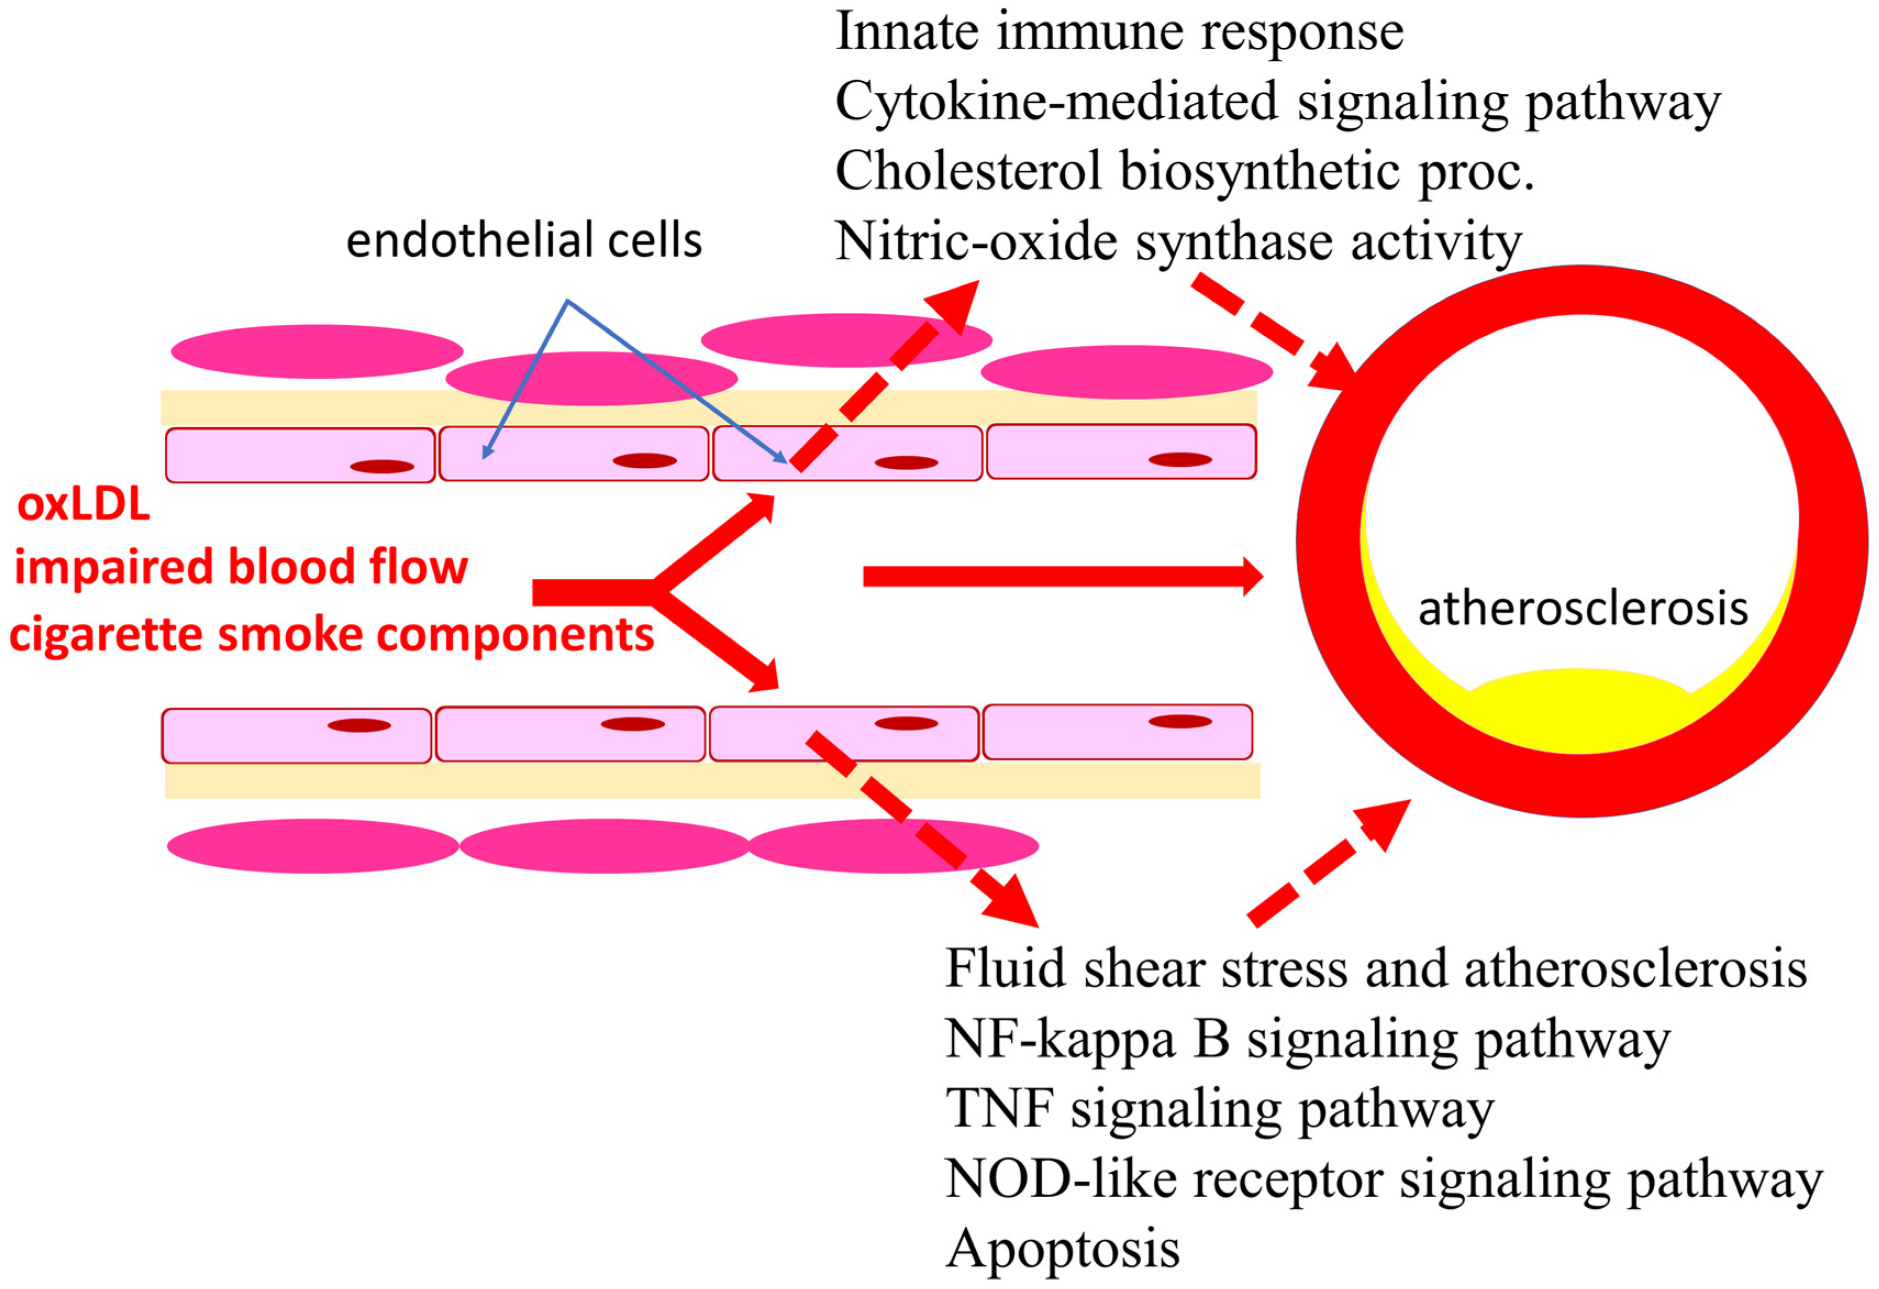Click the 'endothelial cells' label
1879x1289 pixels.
(524, 240)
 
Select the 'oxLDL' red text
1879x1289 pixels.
(84, 505)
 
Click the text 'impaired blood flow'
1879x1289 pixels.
(241, 566)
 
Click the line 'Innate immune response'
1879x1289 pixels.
(1119, 32)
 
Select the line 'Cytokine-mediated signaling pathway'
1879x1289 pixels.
(1277, 103)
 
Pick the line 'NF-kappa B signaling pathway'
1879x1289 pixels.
(1308, 1038)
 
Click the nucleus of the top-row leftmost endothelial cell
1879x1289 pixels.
(382, 467)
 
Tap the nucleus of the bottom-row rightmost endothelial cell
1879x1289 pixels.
(1180, 721)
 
